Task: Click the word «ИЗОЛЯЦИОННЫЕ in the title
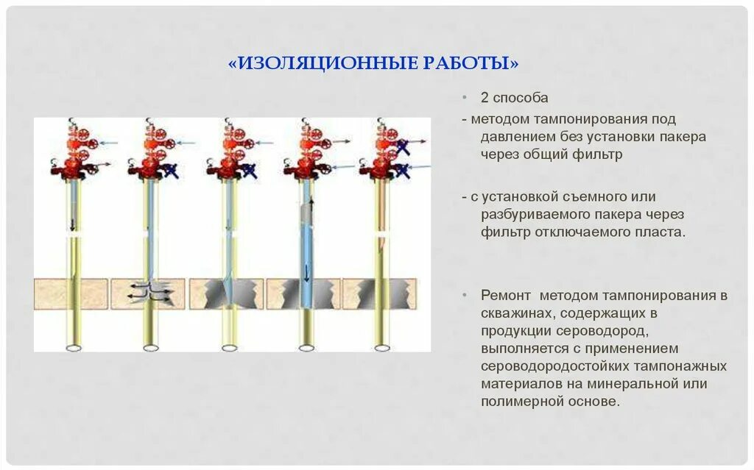[321, 63]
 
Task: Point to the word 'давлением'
[513, 137]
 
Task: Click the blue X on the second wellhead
[173, 171]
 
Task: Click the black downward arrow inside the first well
[73, 224]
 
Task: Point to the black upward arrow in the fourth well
[310, 205]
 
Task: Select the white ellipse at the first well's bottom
[74, 347]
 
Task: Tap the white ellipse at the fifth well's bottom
[381, 347]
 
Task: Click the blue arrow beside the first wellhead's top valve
[108, 143]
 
